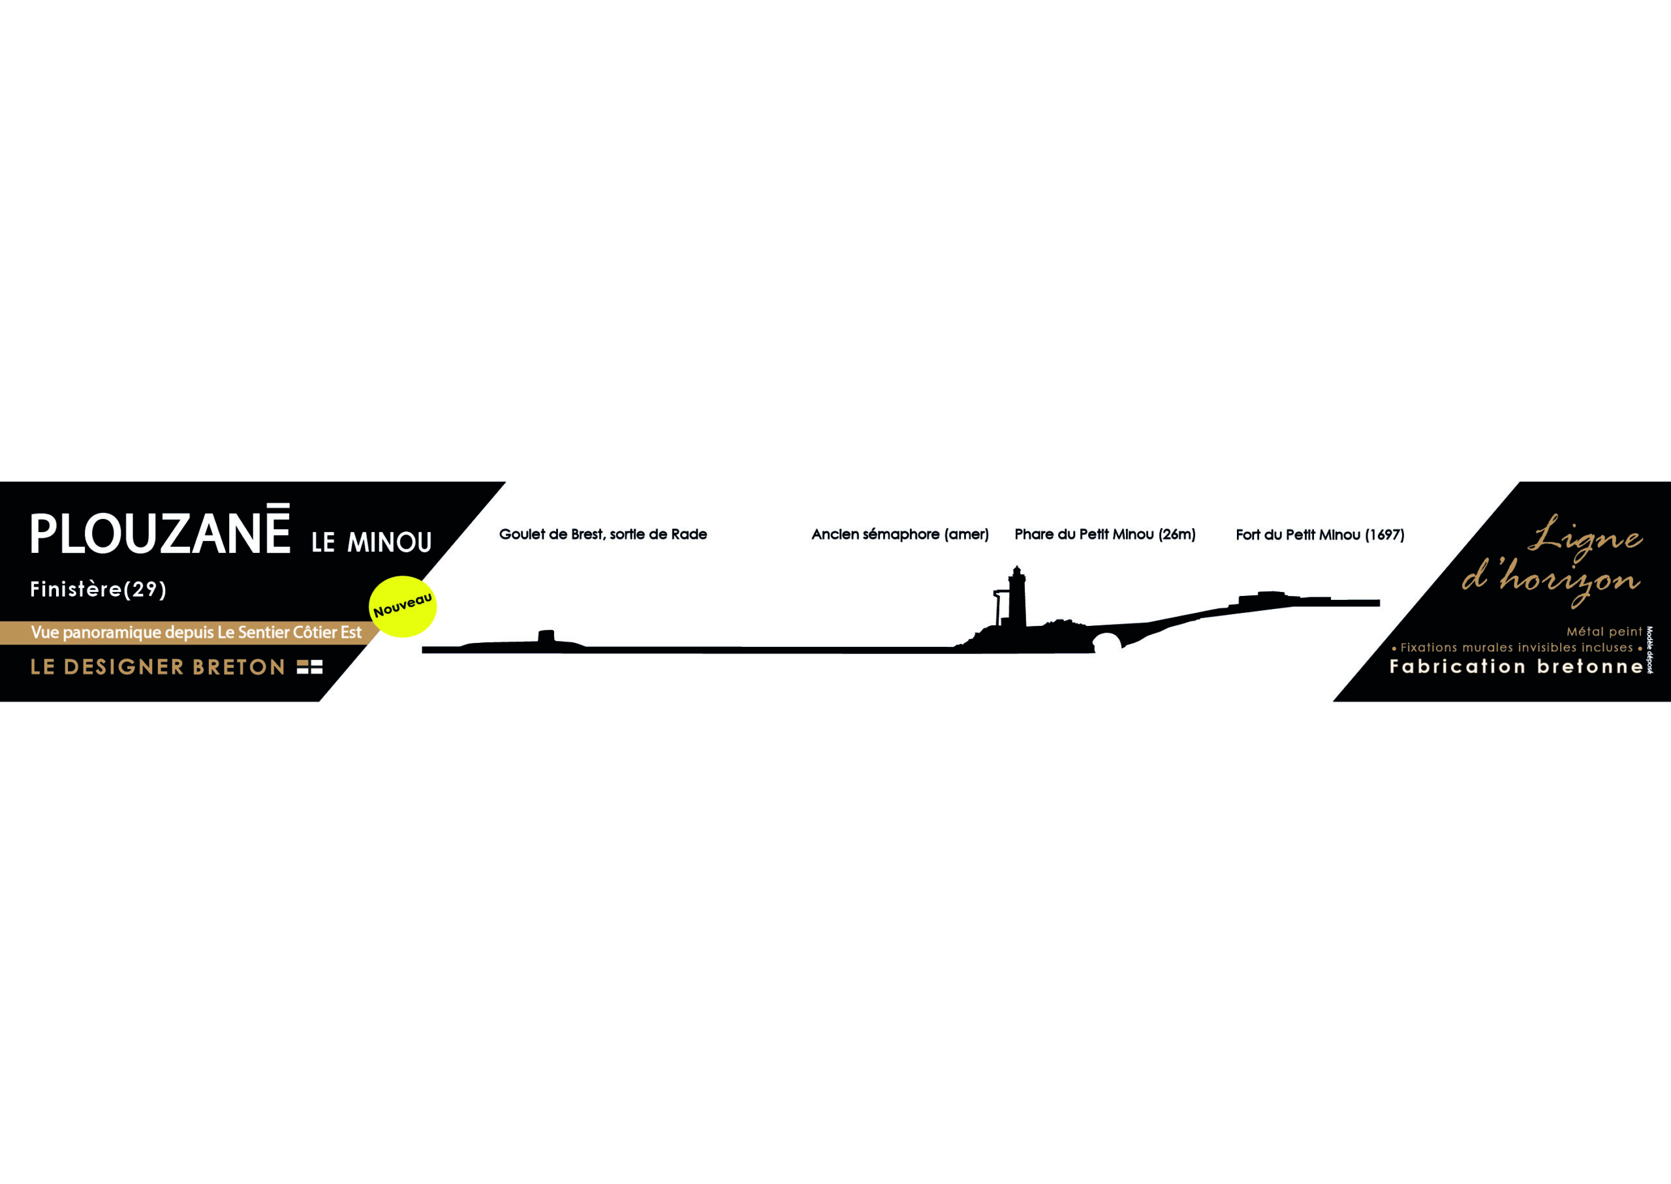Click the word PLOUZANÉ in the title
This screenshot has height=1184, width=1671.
pos(160,529)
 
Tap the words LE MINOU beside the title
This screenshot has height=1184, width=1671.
pos(372,542)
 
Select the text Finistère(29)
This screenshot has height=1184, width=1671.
pos(99,589)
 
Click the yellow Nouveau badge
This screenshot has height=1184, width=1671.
pos(403,606)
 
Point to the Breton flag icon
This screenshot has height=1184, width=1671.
pos(310,667)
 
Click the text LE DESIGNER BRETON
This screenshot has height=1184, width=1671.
pos(157,667)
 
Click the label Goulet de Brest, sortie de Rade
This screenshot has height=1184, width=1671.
pos(603,535)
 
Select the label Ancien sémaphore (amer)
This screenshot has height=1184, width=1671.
pos(900,535)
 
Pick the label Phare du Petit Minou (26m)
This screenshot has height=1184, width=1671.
pos(1105,535)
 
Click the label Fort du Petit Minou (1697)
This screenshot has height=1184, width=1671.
pos(1320,535)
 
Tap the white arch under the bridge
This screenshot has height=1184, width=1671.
pos(1106,643)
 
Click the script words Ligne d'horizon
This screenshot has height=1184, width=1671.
pos(1552,560)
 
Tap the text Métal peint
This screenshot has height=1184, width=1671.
pos(1604,632)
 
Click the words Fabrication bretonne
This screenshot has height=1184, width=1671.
pos(1516,666)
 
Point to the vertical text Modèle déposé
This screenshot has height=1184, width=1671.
pos(1650,649)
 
